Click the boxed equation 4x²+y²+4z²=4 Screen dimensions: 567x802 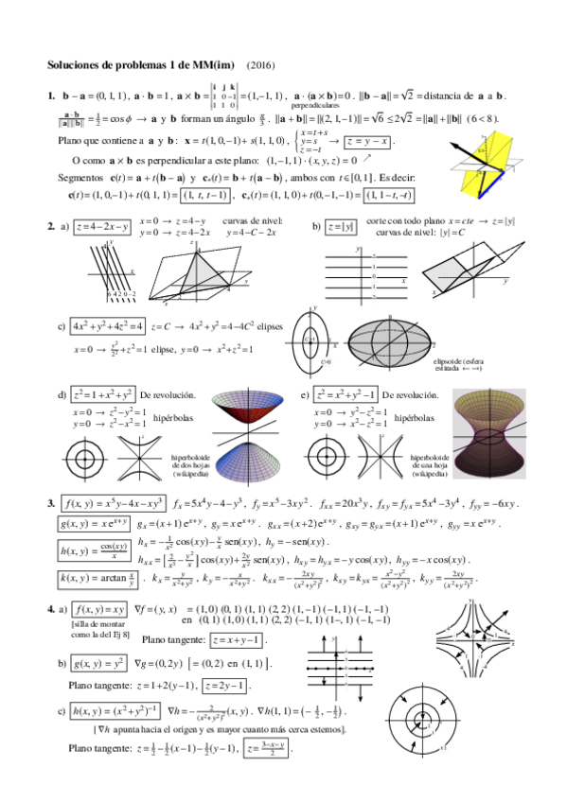pyautogui.click(x=108, y=326)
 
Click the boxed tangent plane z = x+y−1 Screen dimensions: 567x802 pyautogui.click(x=237, y=641)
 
